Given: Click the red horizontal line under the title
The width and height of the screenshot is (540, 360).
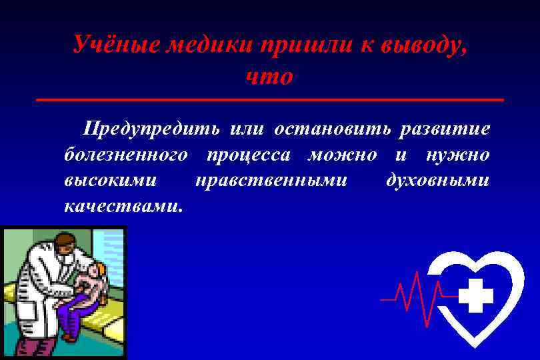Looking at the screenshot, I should [270, 99].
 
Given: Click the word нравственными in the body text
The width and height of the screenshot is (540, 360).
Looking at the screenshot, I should [271, 180].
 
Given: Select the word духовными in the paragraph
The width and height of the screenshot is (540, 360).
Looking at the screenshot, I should [437, 180].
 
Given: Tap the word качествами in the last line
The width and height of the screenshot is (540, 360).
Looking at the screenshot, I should [121, 206].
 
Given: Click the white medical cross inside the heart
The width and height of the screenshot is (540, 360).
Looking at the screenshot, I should [476, 296].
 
